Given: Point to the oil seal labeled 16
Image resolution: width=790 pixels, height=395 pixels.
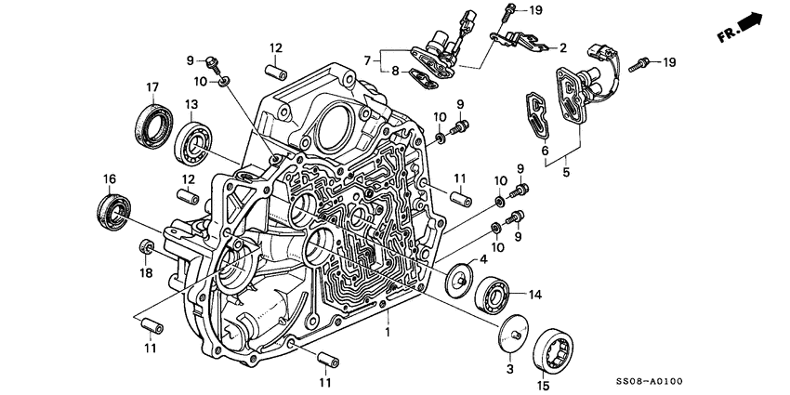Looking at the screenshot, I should [x=115, y=209].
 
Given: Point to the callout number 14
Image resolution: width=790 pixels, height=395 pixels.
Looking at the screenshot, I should [x=533, y=296].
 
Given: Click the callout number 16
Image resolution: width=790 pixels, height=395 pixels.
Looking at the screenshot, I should [x=109, y=178].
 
